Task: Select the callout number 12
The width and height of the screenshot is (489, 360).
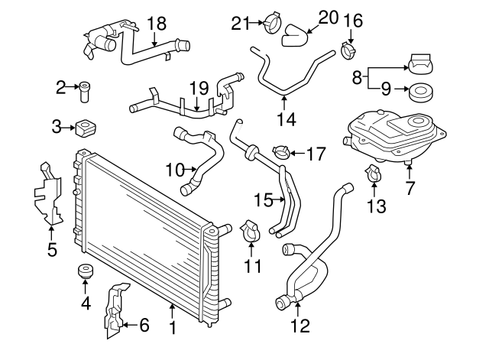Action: click(300, 326)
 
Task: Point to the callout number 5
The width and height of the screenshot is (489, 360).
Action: click(52, 249)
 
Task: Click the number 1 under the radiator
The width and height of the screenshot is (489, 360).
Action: click(173, 329)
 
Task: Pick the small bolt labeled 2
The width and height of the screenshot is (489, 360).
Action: click(85, 91)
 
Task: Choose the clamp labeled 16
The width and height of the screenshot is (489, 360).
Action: click(350, 52)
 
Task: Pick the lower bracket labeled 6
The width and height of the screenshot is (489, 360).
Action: click(115, 311)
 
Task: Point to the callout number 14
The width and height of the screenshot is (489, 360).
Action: click(285, 118)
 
